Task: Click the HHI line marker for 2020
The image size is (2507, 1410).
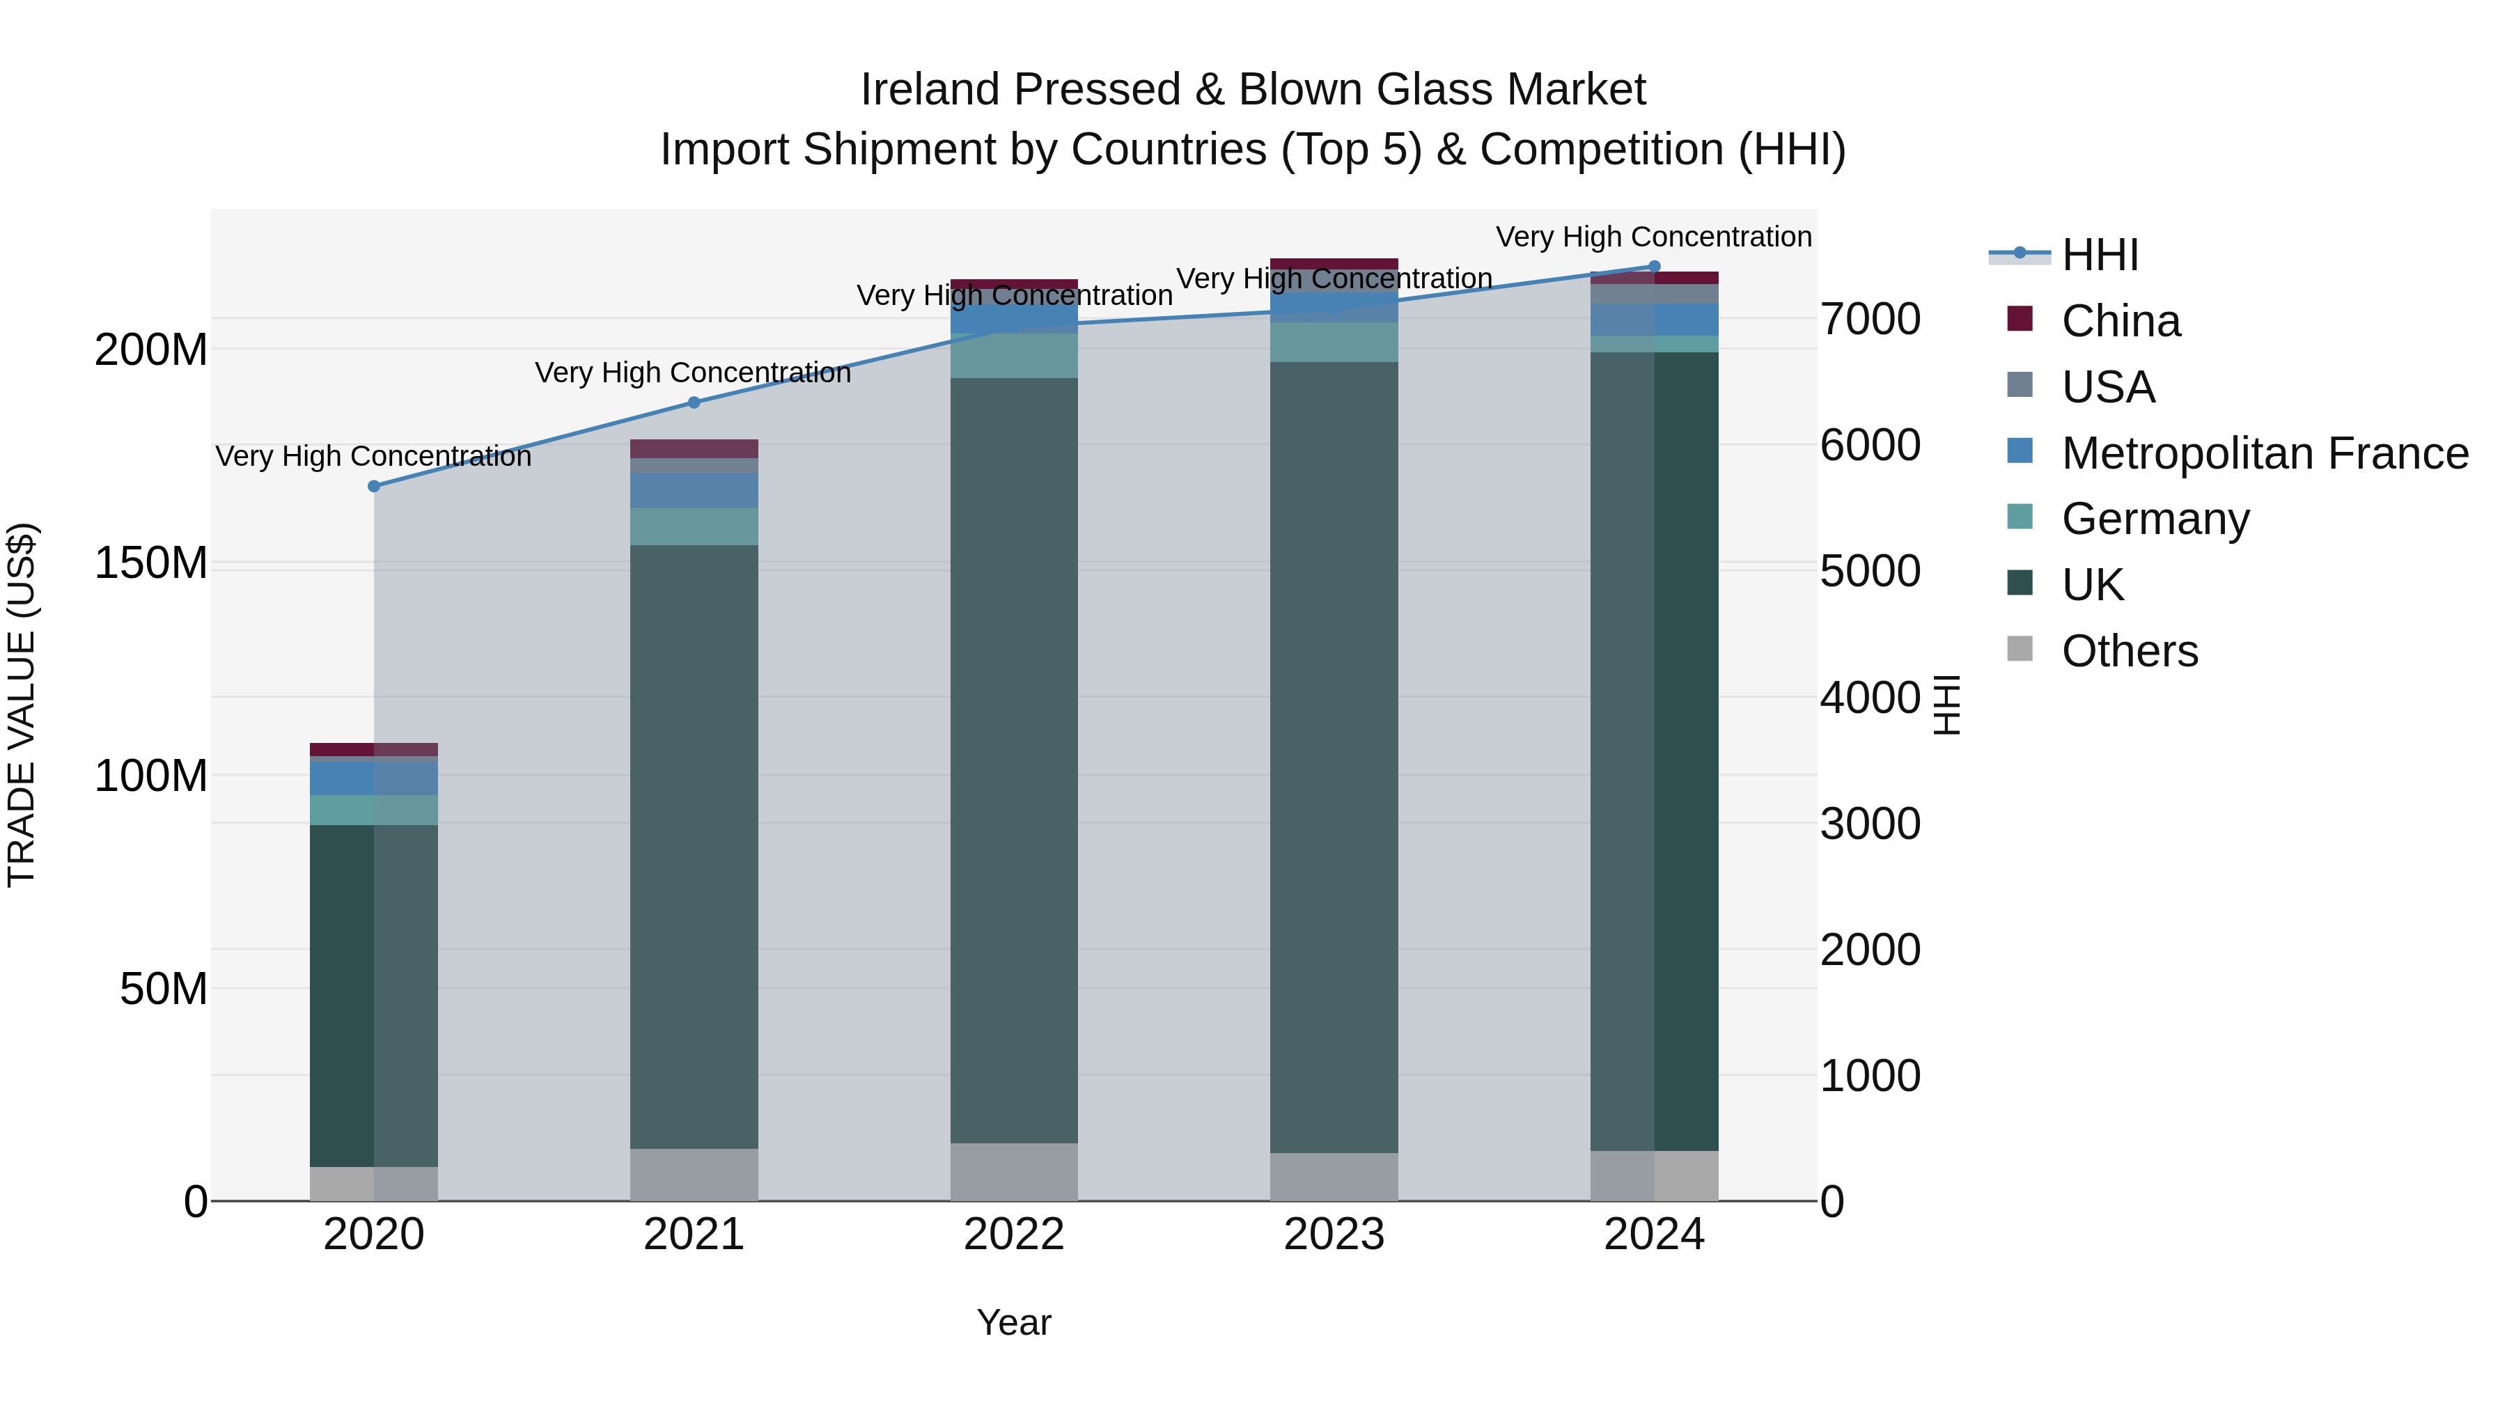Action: pyautogui.click(x=374, y=485)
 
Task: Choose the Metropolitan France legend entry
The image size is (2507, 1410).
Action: pyautogui.click(x=2264, y=453)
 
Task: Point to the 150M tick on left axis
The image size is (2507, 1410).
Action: pyautogui.click(x=151, y=563)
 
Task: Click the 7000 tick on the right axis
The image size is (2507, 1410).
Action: pyautogui.click(x=1870, y=319)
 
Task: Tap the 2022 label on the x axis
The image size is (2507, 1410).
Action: pyautogui.click(x=1013, y=1235)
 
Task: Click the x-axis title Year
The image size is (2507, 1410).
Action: pyautogui.click(x=1013, y=1322)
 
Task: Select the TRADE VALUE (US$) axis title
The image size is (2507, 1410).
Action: pyautogui.click(x=22, y=705)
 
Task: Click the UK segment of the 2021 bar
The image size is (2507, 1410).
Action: pyautogui.click(x=694, y=847)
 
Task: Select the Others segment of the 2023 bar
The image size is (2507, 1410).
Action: pyautogui.click(x=1334, y=1177)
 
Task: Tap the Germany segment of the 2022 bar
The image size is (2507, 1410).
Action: pyautogui.click(x=1013, y=356)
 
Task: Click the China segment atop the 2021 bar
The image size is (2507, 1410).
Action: pyautogui.click(x=694, y=448)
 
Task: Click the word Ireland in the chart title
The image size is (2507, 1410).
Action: pyautogui.click(x=921, y=90)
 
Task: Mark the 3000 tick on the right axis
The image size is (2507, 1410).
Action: pyautogui.click(x=1870, y=824)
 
